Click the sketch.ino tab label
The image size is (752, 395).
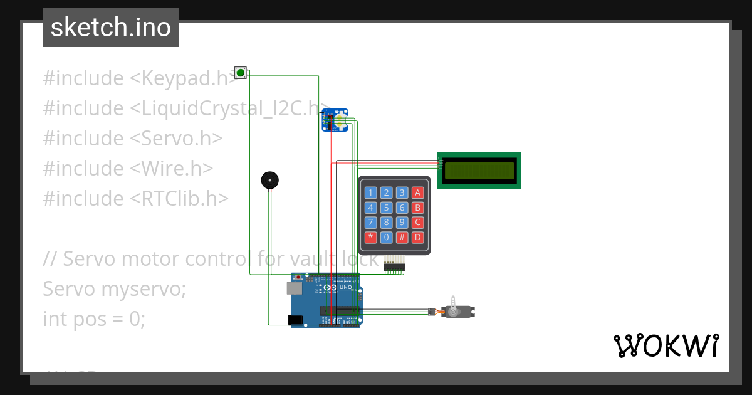(110, 28)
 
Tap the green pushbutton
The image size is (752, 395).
(240, 73)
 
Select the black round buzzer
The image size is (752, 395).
(269, 181)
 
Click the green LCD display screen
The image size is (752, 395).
(479, 170)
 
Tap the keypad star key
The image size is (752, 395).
(371, 238)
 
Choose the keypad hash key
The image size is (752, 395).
(402, 238)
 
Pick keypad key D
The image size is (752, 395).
(418, 238)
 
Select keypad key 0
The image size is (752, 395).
(387, 238)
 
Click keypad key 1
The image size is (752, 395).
(371, 193)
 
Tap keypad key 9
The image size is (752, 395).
(402, 223)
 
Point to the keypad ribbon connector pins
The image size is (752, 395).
(394, 266)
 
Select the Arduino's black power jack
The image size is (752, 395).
(295, 320)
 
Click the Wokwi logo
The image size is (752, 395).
(666, 345)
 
